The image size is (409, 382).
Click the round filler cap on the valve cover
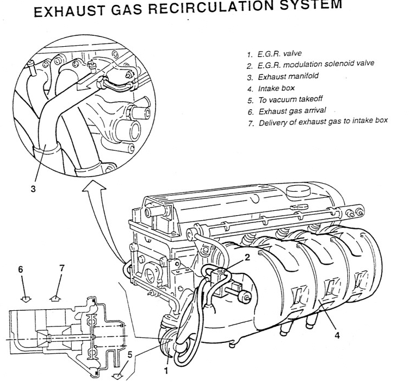point(298,192)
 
